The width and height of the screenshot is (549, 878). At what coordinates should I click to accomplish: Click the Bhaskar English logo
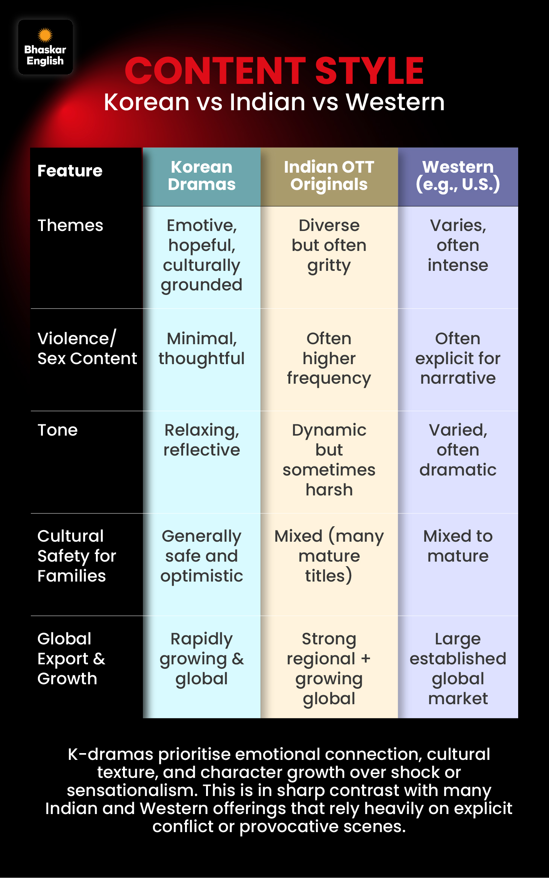(x=45, y=47)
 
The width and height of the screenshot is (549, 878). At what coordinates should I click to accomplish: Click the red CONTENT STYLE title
(x=274, y=71)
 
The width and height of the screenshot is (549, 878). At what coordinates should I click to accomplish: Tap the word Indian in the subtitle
(x=267, y=102)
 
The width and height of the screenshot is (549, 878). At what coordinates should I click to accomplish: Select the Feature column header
(x=70, y=171)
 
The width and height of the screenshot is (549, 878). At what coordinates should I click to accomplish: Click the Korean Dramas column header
(x=202, y=176)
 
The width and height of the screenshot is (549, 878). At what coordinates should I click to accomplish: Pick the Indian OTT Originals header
(x=329, y=176)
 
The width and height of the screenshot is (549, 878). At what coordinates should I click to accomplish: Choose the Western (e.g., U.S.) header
(x=458, y=176)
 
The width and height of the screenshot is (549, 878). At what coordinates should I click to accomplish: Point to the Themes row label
(x=70, y=225)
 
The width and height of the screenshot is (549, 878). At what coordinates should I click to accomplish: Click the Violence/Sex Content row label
(x=87, y=348)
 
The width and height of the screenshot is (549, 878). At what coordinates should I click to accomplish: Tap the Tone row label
(x=58, y=430)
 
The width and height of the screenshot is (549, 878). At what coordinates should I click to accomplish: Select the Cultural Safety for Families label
(x=77, y=556)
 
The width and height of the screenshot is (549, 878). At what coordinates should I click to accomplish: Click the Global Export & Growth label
(x=71, y=659)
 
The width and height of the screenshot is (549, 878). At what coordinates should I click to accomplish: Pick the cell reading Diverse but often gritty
(x=329, y=246)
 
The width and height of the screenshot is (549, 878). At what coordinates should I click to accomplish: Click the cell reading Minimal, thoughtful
(x=202, y=349)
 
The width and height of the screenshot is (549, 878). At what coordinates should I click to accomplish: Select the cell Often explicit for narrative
(x=458, y=358)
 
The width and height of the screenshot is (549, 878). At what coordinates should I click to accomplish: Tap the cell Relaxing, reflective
(x=202, y=440)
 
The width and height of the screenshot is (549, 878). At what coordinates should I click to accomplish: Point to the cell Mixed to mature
(x=458, y=546)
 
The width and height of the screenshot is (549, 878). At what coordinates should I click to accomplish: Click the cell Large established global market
(x=458, y=668)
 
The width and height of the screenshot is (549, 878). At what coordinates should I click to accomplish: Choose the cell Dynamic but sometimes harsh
(x=329, y=460)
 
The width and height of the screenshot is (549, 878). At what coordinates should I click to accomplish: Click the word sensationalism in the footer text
(x=132, y=790)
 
